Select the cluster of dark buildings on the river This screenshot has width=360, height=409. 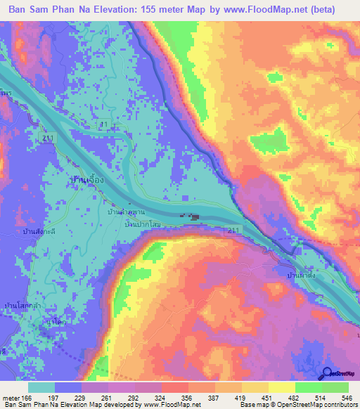pyautogui.click(x=191, y=218)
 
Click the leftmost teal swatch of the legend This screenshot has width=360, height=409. pyautogui.click(x=41, y=388)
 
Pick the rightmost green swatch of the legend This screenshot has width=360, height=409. pyautogui.click(x=336, y=388)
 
